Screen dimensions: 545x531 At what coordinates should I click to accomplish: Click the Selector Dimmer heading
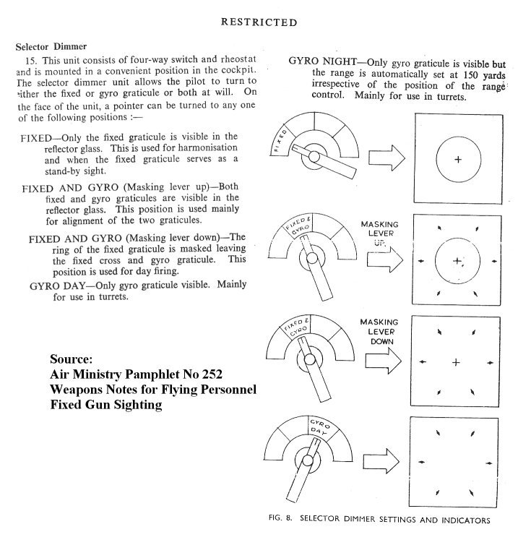click(51, 46)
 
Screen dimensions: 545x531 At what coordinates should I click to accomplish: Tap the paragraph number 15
click(30, 57)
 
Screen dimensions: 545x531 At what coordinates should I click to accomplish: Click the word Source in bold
click(72, 359)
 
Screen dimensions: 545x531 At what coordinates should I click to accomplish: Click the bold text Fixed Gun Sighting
click(105, 405)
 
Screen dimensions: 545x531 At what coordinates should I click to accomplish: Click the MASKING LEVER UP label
click(380, 235)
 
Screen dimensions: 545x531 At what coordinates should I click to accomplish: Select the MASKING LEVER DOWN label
click(380, 330)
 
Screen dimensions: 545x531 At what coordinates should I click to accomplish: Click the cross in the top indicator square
click(457, 158)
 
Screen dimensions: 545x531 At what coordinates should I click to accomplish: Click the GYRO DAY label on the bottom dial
click(317, 426)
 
